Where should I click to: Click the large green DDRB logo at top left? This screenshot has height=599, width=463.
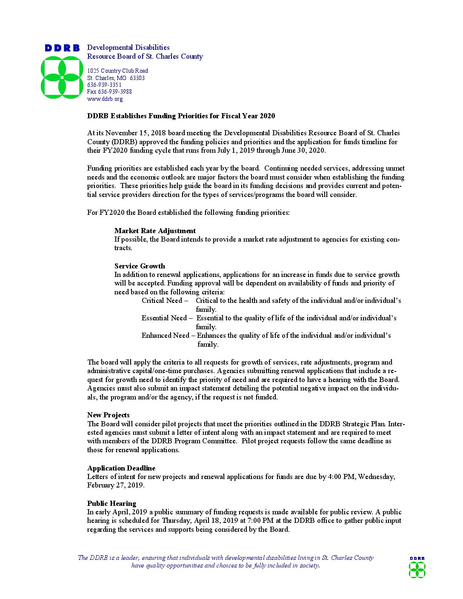[x=62, y=77]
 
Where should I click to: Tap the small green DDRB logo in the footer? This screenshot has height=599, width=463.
[x=417, y=570]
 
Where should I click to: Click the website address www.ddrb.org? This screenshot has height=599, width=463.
[x=105, y=99]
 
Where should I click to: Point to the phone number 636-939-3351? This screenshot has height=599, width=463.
[x=104, y=85]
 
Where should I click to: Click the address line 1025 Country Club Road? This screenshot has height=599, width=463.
[x=117, y=71]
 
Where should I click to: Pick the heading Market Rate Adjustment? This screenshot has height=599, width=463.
[x=155, y=231]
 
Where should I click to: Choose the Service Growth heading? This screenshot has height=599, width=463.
[x=140, y=266]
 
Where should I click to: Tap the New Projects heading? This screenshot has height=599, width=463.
[x=108, y=415]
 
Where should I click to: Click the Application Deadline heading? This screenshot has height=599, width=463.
[x=121, y=468]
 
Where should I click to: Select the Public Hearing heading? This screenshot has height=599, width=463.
[x=111, y=504]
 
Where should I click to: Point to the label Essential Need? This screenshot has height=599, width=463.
[x=164, y=318]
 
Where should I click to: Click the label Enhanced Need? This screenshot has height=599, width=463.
[x=165, y=336]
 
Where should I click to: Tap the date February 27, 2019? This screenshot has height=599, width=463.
[x=115, y=485]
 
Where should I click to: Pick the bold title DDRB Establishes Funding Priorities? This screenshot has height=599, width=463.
[x=181, y=116]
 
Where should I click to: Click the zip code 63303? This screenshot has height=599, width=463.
[x=137, y=78]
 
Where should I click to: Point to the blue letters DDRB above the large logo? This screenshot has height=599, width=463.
[x=62, y=48]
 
